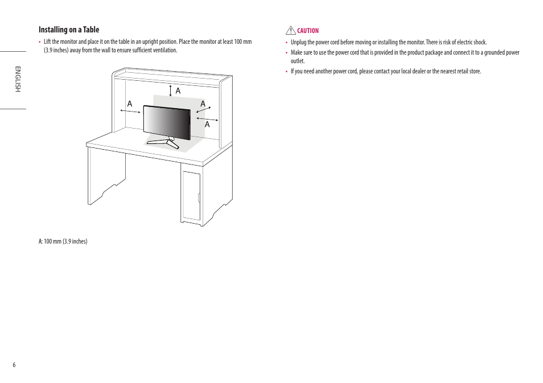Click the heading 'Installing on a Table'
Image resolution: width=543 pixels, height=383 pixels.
(69, 30)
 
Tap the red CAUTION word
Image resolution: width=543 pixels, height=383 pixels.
(308, 31)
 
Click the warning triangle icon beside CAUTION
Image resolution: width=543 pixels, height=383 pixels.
(290, 30)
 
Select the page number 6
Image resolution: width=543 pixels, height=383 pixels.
(14, 365)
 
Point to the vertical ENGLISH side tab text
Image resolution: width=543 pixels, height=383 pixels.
(18, 79)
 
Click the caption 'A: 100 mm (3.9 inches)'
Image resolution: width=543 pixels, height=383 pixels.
(63, 241)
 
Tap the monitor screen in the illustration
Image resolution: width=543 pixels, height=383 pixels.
(166, 122)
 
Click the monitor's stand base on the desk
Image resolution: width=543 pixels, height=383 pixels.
(164, 142)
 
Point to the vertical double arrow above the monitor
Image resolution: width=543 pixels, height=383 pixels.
(171, 91)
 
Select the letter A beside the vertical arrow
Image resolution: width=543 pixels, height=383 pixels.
(178, 91)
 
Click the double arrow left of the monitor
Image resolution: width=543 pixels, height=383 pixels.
(130, 112)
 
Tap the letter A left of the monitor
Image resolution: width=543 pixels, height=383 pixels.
(130, 104)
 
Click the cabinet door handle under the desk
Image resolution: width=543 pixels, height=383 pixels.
(199, 197)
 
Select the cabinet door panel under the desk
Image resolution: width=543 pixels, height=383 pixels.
(191, 196)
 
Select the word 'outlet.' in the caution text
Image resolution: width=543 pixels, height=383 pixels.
(298, 61)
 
